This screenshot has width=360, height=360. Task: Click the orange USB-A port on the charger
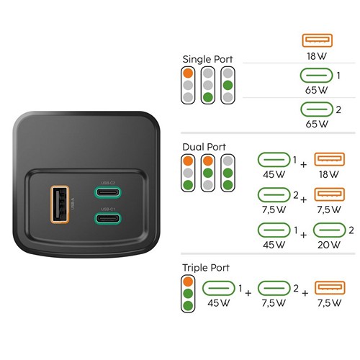[60, 204]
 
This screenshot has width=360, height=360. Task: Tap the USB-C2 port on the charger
[107, 192]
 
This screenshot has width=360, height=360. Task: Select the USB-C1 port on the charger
[107, 218]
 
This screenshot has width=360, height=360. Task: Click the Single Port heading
[207, 59]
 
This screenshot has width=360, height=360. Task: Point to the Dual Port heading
[204, 147]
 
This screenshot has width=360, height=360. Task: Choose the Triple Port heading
[206, 268]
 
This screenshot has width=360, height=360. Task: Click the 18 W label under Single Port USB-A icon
[317, 56]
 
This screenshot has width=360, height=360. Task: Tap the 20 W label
[329, 245]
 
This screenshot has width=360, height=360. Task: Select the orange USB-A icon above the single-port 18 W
[317, 40]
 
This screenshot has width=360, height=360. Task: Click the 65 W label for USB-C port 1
[316, 90]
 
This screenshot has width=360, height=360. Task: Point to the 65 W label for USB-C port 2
[317, 124]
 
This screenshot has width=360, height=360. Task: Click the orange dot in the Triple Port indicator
[188, 282]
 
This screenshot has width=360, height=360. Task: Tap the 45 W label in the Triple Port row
[219, 303]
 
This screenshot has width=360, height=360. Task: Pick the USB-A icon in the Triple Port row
[330, 288]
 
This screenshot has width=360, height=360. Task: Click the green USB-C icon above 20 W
[330, 230]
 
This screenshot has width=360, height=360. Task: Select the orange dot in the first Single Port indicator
[188, 73]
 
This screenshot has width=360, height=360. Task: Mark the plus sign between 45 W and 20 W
[304, 235]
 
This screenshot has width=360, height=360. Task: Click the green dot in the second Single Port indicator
[208, 97]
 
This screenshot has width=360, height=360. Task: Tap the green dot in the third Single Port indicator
[228, 85]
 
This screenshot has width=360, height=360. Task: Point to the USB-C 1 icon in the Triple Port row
[219, 288]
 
